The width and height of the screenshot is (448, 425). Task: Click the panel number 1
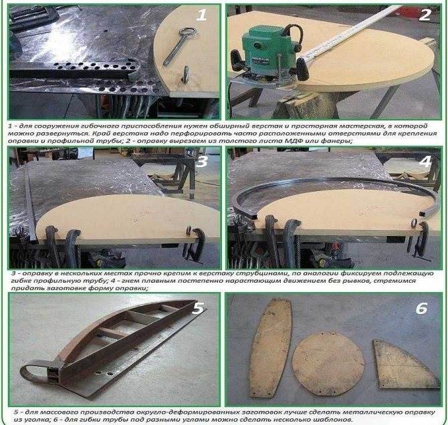[x=201, y=15]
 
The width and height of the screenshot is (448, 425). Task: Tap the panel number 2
[x=425, y=15]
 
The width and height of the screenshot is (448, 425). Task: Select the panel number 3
[x=202, y=162]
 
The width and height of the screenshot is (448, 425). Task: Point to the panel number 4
[x=425, y=162]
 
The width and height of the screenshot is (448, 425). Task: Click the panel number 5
[x=199, y=309]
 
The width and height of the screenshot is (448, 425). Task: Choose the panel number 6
[x=422, y=309]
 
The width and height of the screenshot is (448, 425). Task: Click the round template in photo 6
[x=328, y=364]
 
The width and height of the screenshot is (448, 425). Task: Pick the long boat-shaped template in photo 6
[x=270, y=348]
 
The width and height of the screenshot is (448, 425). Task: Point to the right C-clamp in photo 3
[x=195, y=243]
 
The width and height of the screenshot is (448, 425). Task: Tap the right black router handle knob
[x=302, y=69]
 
